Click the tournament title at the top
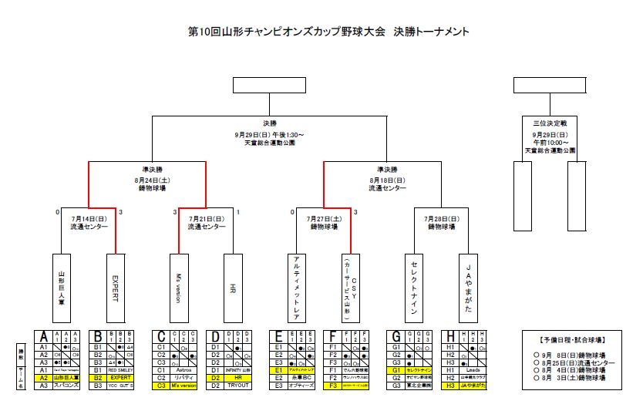tap(328, 32)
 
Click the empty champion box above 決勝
tap(268, 85)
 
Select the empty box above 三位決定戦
tap(550, 85)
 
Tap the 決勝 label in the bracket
tap(269, 123)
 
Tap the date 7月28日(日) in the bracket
tap(441, 218)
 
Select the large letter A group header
tap(44, 336)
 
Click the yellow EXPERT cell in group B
tap(120, 378)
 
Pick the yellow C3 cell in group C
tap(162, 385)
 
